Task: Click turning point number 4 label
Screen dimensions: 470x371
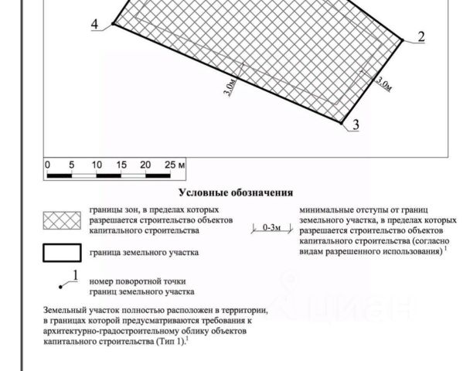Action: pyautogui.click(x=95, y=25)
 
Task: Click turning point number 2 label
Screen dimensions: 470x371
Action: pyautogui.click(x=421, y=37)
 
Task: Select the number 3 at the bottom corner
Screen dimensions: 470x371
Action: pyautogui.click(x=355, y=124)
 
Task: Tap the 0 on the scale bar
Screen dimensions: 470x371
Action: pyautogui.click(x=47, y=165)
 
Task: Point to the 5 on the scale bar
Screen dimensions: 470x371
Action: pyautogui.click(x=71, y=165)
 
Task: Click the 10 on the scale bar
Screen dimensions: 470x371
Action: pyautogui.click(x=96, y=165)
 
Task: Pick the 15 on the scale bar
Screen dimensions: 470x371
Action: pyautogui.click(x=121, y=165)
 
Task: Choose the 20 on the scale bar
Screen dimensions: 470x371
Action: pyautogui.click(x=145, y=165)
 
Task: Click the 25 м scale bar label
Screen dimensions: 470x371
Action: pyautogui.click(x=175, y=165)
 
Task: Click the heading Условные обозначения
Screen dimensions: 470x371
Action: pyautogui.click(x=236, y=192)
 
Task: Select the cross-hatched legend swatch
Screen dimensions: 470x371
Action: pyautogui.click(x=61, y=220)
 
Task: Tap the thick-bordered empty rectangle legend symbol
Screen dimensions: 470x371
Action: pyautogui.click(x=61, y=253)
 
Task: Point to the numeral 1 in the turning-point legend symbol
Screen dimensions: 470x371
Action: pyautogui.click(x=75, y=275)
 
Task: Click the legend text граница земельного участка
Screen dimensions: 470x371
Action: pyautogui.click(x=144, y=253)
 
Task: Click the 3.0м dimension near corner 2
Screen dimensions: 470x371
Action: pyautogui.click(x=383, y=83)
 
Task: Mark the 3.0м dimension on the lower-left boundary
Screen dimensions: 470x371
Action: pyautogui.click(x=230, y=86)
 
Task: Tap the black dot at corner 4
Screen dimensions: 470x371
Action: pyautogui.click(x=113, y=25)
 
